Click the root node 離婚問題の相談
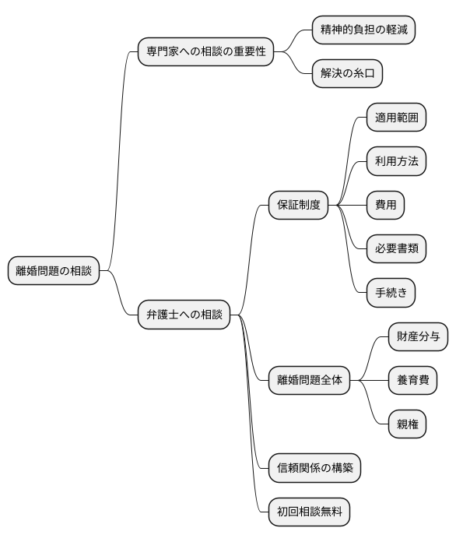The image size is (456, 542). click(54, 271)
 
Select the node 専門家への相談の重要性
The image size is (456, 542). click(206, 52)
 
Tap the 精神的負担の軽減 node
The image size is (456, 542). click(363, 30)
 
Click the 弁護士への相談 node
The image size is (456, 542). click(184, 315)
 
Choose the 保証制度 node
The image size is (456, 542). click(298, 206)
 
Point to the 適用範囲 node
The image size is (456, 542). click(397, 118)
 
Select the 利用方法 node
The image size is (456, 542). click(397, 162)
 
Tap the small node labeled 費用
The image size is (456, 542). click(386, 206)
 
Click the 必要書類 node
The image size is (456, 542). click(397, 249)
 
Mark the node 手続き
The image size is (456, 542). click(391, 293)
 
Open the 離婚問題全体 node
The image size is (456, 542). click(309, 381)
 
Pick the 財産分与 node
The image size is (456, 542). click(418, 337)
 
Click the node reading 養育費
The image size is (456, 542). click(412, 381)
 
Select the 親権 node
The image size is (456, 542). click(407, 424)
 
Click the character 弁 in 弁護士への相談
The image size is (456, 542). click(153, 315)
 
